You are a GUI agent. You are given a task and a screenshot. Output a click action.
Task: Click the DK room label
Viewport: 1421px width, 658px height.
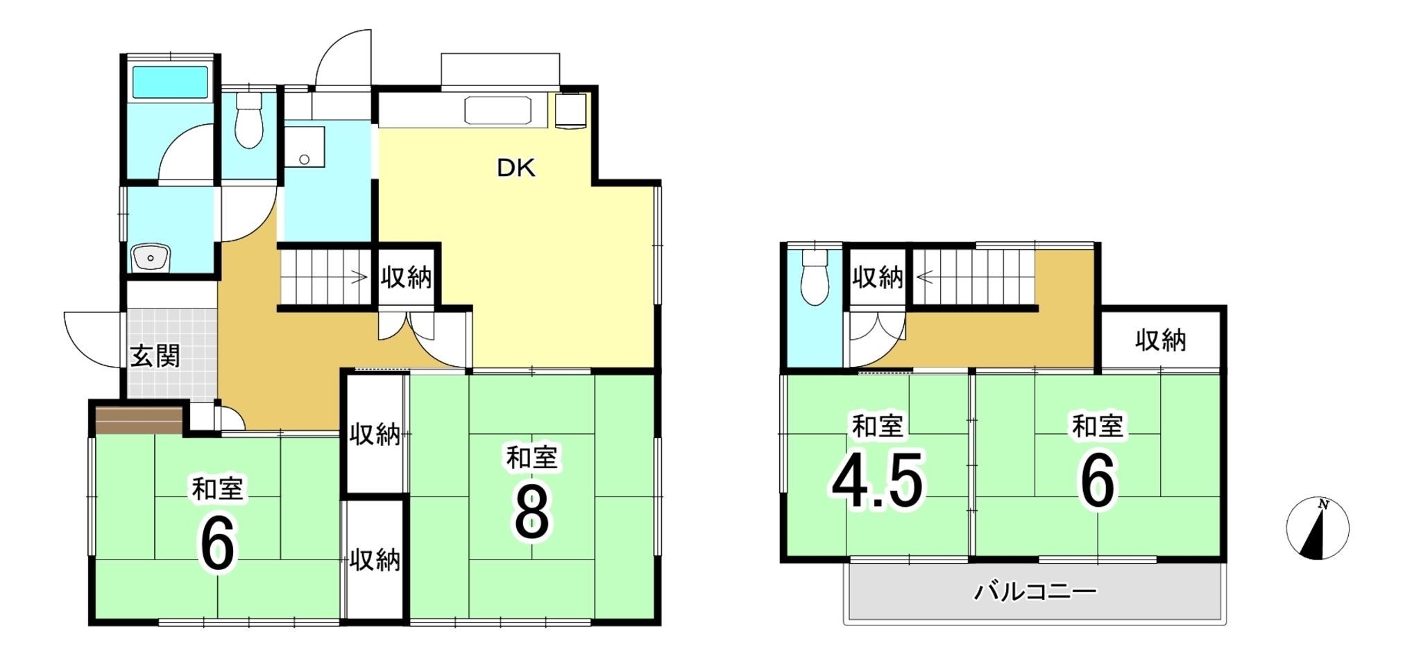point(516,168)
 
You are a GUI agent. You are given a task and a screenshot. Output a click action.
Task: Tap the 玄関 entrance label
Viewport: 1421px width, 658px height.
point(155,356)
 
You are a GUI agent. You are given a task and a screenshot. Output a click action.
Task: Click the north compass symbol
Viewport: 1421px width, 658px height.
point(1317,528)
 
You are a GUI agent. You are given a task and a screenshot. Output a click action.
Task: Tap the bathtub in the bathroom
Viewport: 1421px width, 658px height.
point(170,82)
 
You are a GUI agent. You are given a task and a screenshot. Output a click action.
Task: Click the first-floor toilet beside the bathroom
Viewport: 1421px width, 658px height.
point(248,122)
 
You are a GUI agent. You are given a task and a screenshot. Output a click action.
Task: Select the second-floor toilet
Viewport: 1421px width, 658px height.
point(814,277)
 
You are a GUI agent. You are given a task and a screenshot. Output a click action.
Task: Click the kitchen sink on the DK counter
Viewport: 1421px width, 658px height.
point(497,110)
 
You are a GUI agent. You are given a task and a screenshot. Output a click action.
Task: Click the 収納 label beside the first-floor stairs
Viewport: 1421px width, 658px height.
point(406,278)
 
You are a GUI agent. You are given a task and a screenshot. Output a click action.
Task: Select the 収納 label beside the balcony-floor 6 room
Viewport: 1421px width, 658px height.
point(1160,340)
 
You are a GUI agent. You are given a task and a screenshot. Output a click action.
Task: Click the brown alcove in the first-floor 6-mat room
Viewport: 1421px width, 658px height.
point(138,419)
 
